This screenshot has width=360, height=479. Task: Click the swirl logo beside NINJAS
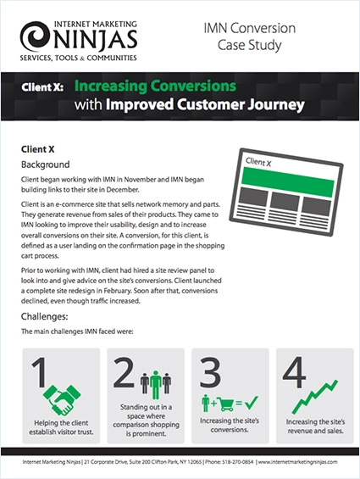tap(36, 36)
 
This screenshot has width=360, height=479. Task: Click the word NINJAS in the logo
tap(95, 39)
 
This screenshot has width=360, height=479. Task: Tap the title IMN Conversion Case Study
tap(250, 36)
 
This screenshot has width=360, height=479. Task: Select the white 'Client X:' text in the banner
tap(42, 87)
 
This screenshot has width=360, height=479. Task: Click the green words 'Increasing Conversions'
tap(155, 86)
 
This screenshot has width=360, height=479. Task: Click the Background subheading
tap(45, 164)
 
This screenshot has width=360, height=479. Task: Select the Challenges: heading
tap(45, 317)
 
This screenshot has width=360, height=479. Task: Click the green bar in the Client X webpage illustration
tap(288, 182)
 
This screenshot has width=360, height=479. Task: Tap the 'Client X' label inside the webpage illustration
tap(258, 162)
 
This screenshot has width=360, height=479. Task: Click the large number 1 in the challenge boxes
tap(40, 372)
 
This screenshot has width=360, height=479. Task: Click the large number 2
tap(124, 372)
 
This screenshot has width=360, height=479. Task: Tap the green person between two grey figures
tap(156, 385)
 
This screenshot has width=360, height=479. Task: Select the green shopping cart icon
tap(227, 404)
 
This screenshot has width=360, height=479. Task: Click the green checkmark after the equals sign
tap(252, 403)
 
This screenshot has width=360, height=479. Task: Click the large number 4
tap(294, 372)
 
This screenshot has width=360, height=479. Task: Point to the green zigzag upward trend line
tap(315, 397)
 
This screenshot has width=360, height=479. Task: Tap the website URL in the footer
tap(297, 462)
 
